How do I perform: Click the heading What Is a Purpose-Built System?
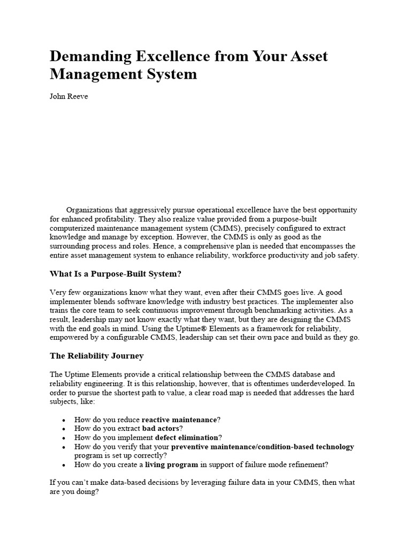click(x=116, y=274)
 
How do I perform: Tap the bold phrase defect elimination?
click(x=187, y=437)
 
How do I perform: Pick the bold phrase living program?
click(x=172, y=464)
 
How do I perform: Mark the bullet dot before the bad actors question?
click(x=64, y=429)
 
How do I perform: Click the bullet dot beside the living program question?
click(x=64, y=465)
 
